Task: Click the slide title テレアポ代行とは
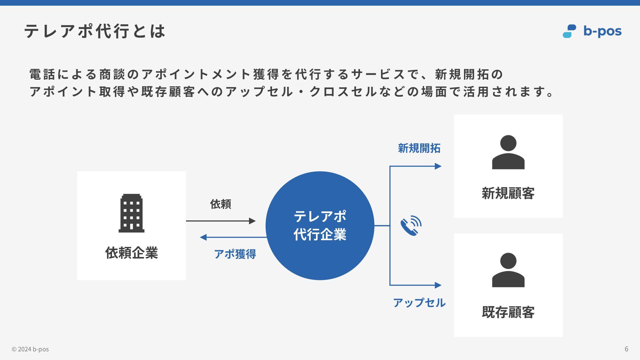point(95,31)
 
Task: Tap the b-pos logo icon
point(569,31)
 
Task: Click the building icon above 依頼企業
point(131,213)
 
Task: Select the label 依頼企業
point(131,253)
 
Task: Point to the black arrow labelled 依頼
point(221,221)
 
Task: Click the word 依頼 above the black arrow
point(220,204)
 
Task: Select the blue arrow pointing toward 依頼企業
point(233,237)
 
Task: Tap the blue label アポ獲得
point(235,254)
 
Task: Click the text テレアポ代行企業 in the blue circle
point(320,225)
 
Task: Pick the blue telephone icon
point(411,226)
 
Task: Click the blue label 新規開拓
point(419,148)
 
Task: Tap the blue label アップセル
point(419,303)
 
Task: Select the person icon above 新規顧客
point(508,152)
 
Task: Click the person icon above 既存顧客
point(508,270)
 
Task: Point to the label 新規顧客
point(508,193)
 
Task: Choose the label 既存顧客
point(508,312)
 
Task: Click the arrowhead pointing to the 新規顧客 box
point(438,166)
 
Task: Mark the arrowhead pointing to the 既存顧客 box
point(438,285)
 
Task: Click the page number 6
point(626,349)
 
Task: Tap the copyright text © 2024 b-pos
point(30,349)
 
